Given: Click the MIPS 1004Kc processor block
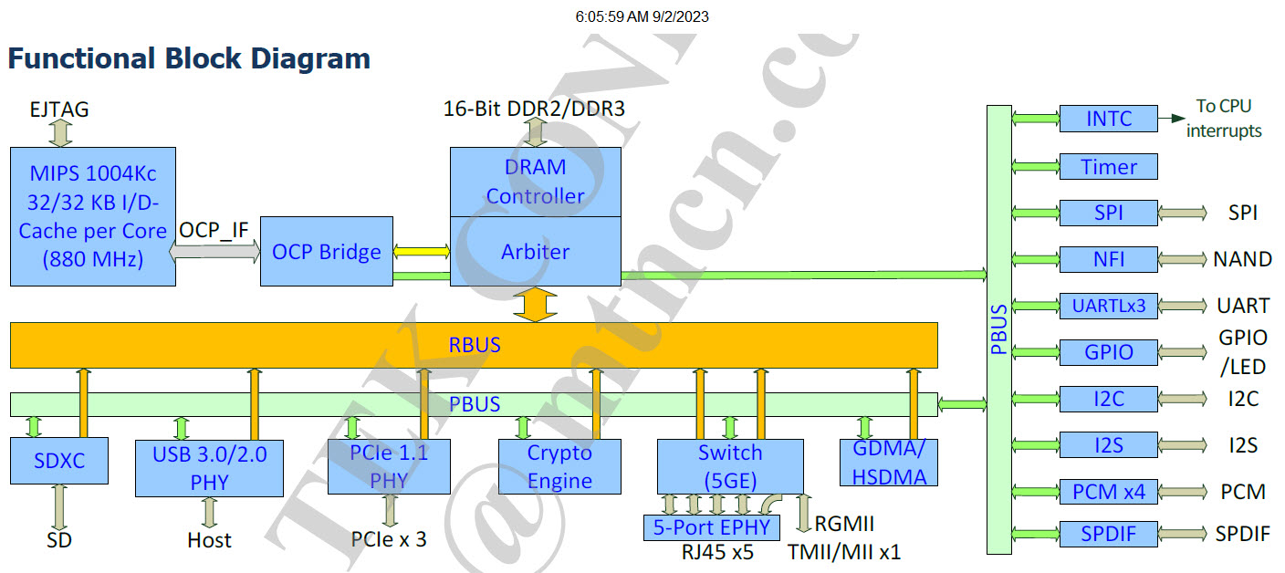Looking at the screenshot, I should tap(92, 216).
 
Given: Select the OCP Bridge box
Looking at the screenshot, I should tap(326, 251).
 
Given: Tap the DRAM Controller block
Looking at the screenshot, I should tap(535, 182).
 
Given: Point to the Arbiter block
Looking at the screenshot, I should tap(535, 251).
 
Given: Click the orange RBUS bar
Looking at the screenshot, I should tap(474, 346).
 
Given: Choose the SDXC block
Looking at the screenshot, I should tap(59, 461).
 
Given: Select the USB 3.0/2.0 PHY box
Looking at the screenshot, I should tap(209, 467).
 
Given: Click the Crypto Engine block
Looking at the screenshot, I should tap(559, 466).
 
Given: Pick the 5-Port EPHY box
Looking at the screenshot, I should tap(713, 527).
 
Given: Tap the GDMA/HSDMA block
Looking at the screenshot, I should tap(889, 463).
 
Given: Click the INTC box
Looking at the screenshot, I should tap(1108, 119).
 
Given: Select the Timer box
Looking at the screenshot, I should tap(1108, 167).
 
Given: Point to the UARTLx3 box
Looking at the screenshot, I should tap(1108, 306).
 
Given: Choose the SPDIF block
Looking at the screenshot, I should tap(1108, 534).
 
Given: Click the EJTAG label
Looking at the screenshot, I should tap(59, 109).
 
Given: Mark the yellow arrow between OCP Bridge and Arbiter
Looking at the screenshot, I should tap(421, 251).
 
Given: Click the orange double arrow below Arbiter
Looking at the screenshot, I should tap(535, 304).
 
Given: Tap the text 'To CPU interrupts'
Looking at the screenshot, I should tap(1223, 119).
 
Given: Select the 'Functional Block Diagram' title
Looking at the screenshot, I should tap(189, 59).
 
